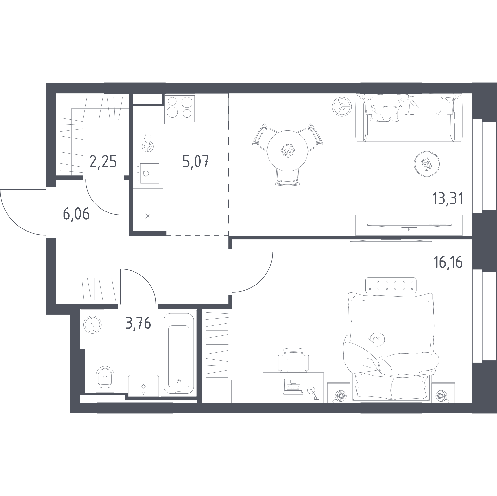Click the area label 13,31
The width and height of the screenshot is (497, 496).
coord(448,199)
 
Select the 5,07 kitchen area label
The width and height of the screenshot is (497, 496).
coord(196,162)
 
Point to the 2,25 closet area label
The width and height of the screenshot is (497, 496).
coord(103,162)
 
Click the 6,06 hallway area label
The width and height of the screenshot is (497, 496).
coord(76,214)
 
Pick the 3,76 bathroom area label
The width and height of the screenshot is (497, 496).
coord(138,323)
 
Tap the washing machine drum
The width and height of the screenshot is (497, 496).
coord(92,325)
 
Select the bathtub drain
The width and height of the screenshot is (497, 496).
coord(179,381)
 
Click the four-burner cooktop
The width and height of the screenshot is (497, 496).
coord(180,108)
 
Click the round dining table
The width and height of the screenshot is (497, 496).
coord(288,151)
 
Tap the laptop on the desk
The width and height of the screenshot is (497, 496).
coord(293,386)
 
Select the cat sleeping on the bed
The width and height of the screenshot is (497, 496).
coord(377,339)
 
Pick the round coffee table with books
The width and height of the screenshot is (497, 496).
coord(427,164)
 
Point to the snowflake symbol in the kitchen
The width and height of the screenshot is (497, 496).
coord(148,216)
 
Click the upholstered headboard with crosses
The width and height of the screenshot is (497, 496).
coord(391,285)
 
